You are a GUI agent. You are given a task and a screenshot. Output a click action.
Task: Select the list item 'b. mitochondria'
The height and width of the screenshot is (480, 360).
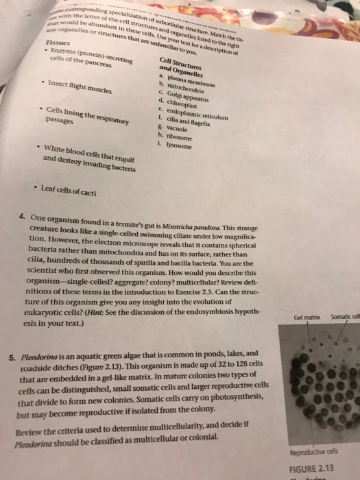tap(182, 89)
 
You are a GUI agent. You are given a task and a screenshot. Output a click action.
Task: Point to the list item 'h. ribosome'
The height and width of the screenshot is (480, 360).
tap(175, 137)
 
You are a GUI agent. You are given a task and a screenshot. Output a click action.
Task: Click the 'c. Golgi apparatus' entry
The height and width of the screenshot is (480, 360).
tap(187, 98)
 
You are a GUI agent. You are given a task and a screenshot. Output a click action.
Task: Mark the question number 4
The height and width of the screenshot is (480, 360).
tap(22, 217)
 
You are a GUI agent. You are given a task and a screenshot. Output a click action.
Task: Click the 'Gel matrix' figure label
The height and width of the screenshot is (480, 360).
tap(306, 317)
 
